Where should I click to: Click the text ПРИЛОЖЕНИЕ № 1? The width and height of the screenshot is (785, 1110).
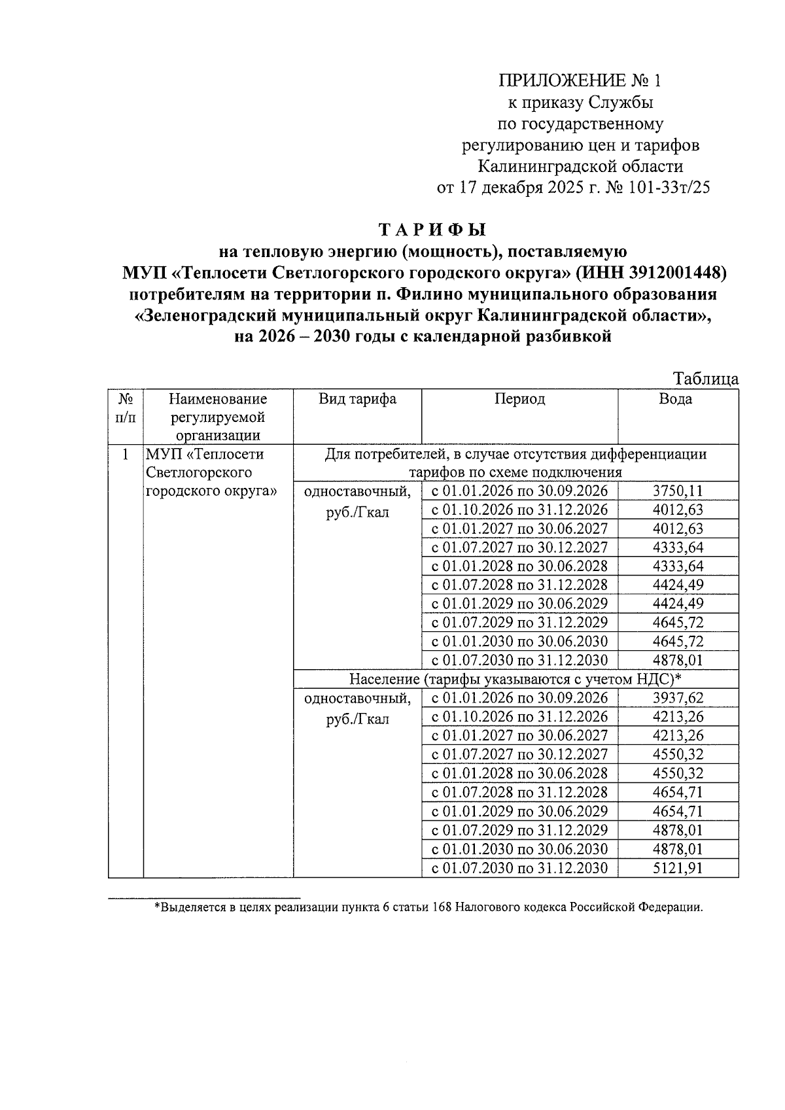point(580,80)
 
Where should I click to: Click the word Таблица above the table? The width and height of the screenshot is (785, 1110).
point(706,379)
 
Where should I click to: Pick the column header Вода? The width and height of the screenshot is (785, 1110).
point(676,399)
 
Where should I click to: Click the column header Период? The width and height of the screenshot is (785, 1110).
point(519,399)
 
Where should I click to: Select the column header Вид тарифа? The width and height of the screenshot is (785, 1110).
point(357,399)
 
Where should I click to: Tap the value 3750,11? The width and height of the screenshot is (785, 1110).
point(678,491)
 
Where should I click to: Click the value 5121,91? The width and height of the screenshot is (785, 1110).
point(678,868)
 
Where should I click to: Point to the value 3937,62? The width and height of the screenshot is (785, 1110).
point(678,698)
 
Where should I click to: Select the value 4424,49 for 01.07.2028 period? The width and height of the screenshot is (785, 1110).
point(678,585)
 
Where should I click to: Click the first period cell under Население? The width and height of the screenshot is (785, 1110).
point(519,698)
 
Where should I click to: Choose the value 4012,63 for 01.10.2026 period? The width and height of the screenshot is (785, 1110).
point(678,510)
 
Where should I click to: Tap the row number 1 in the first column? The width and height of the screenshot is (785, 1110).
point(125,454)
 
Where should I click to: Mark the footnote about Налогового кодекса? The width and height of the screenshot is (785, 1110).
point(428,907)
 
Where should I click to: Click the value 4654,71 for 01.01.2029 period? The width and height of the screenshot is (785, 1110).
point(678,811)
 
